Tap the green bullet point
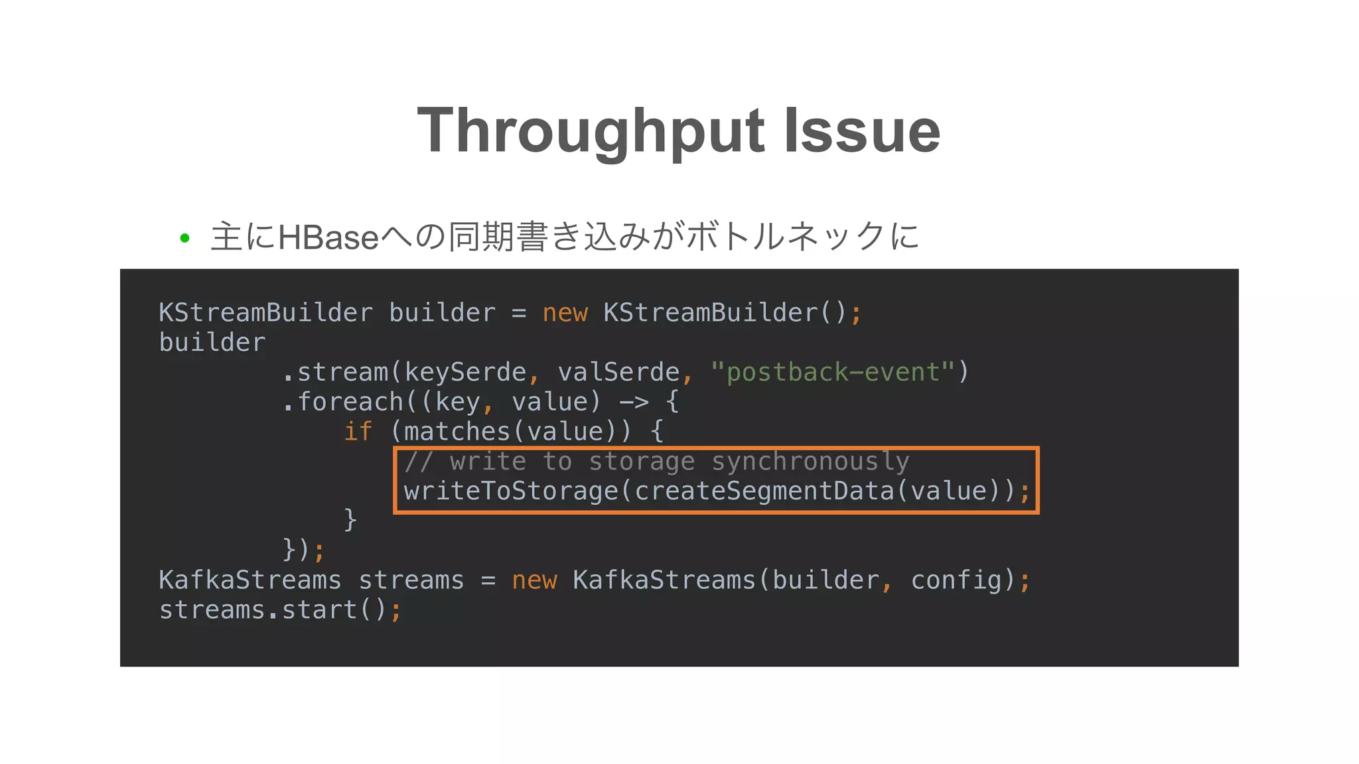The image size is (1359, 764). (185, 238)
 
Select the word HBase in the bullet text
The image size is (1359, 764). (328, 237)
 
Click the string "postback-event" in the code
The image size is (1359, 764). (833, 372)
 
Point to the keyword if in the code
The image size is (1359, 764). (358, 432)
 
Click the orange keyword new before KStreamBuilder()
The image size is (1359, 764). (565, 313)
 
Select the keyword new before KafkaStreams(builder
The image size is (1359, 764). (534, 580)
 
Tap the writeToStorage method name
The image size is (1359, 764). (511, 491)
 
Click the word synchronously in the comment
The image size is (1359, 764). (810, 462)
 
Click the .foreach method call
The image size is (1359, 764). (343, 402)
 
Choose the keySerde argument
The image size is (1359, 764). (465, 372)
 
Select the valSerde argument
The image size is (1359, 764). (618, 372)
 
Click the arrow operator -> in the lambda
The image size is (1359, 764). (634, 402)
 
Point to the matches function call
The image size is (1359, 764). (457, 432)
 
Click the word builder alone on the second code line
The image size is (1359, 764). (212, 343)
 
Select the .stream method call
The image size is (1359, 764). (335, 372)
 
